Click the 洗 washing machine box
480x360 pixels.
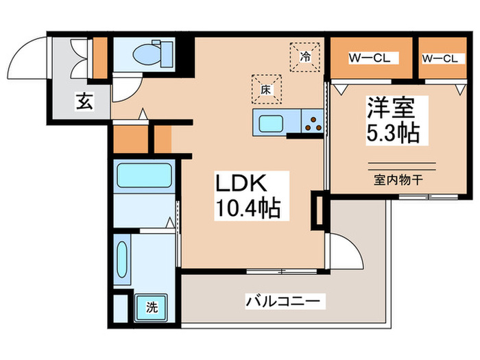151,307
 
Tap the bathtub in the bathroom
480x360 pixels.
143,176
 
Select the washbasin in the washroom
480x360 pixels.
121,260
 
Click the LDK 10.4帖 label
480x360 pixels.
249,196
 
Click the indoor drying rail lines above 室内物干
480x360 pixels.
402,165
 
